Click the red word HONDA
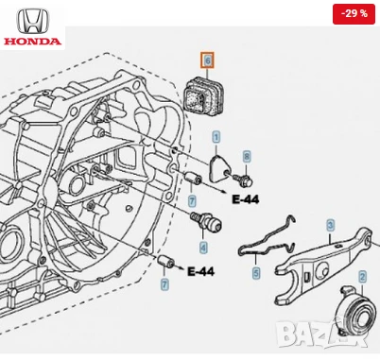(x=32, y=41)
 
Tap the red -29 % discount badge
(x=352, y=15)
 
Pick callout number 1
(x=216, y=138)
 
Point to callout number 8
(x=247, y=156)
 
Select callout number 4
(x=202, y=248)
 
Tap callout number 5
(x=254, y=274)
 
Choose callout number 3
(x=330, y=225)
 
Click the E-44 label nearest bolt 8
(x=245, y=200)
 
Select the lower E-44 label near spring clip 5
(x=200, y=272)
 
